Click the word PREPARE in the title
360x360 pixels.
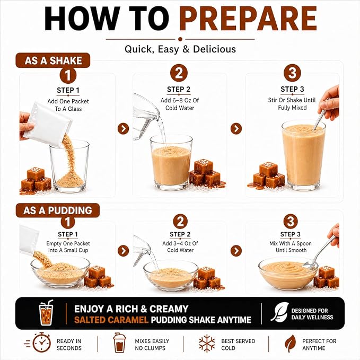pos(248,19)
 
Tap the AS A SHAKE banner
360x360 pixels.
pos(53,60)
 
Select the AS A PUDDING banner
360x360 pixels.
pos(58,210)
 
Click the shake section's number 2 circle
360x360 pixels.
pos(179,73)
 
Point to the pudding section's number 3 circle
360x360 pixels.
pos(291,221)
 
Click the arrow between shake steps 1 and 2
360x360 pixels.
pos(124,128)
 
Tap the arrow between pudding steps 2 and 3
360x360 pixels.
pos(236,251)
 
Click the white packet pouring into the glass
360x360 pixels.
pos(47,124)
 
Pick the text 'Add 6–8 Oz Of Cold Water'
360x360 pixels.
pos(180,104)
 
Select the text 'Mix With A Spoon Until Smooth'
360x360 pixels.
pos(291,247)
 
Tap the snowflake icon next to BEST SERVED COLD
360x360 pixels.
pos(207,343)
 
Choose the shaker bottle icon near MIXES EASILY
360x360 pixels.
pos(119,343)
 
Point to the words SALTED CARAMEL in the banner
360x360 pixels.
pos(111,320)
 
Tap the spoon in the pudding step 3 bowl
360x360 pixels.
pos(320,252)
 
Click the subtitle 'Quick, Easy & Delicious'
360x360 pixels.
pos(180,49)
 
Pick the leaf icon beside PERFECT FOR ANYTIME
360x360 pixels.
pos(291,343)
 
